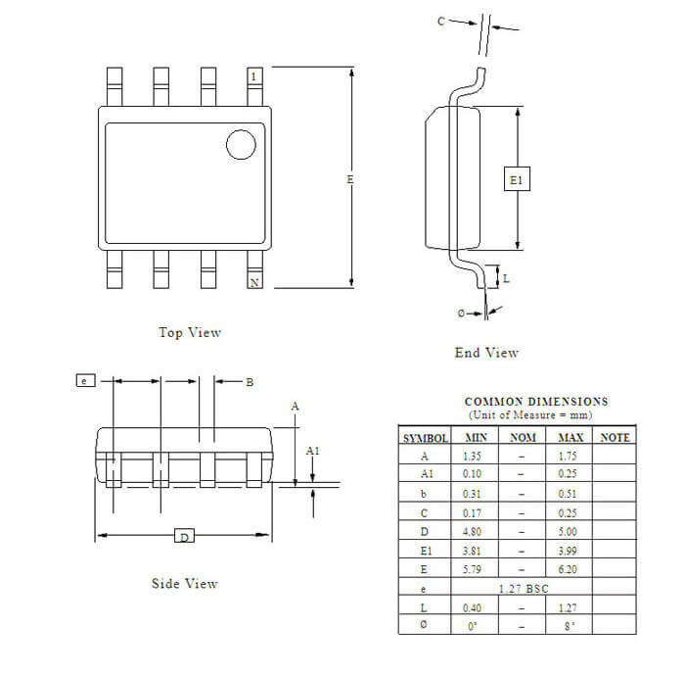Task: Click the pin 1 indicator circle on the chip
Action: coord(241,144)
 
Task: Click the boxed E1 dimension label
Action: coord(518,179)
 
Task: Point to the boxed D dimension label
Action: coord(183,536)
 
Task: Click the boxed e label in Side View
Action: coord(86,380)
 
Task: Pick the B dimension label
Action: coord(250,382)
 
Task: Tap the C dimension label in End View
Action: coord(440,21)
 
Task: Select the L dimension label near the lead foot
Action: coord(506,278)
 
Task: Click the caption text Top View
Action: coord(190,332)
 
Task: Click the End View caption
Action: coord(486,353)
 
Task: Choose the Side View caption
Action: coord(184,584)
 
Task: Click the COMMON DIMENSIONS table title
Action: coord(535,402)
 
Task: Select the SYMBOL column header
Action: coord(425,438)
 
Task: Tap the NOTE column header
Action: coord(615,437)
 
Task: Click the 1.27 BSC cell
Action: coord(523,589)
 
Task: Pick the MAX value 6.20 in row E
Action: coord(570,568)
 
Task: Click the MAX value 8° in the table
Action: coord(570,626)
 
